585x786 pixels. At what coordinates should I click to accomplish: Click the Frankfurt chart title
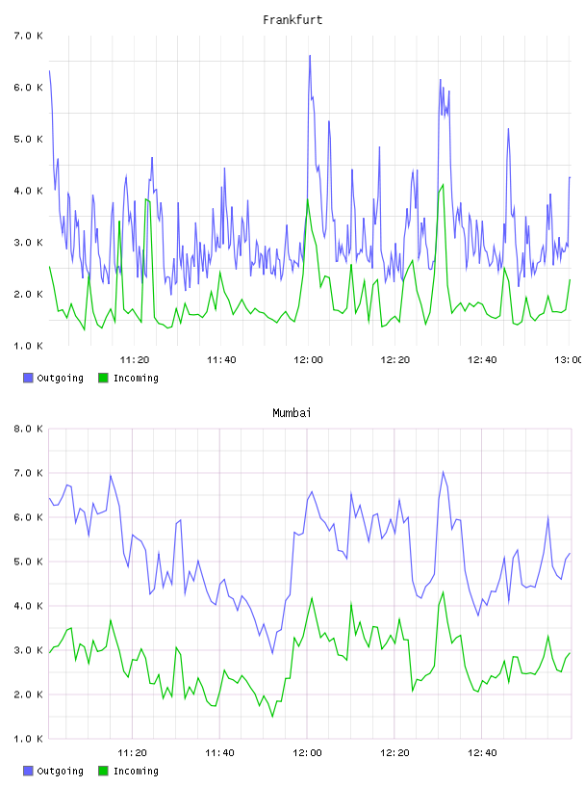[292, 20]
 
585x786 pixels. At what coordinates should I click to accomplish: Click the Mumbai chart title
[292, 413]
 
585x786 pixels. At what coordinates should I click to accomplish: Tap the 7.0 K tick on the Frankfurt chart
[28, 36]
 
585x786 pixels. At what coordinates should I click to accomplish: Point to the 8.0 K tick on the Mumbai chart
[28, 429]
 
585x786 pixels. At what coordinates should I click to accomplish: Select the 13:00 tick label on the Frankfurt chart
[569, 359]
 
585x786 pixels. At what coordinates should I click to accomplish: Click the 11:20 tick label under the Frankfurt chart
[135, 359]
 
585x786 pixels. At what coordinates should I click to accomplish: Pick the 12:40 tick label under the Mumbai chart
[482, 752]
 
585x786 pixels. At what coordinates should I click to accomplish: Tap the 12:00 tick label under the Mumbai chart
[308, 752]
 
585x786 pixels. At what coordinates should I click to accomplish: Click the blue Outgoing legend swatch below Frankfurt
[28, 378]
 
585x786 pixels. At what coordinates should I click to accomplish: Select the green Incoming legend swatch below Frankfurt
[103, 378]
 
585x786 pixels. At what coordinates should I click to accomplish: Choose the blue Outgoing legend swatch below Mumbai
[28, 771]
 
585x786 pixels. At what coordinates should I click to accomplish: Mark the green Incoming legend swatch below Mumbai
[103, 771]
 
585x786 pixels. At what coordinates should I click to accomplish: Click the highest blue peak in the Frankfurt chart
[310, 56]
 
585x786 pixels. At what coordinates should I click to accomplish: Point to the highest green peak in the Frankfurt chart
[443, 185]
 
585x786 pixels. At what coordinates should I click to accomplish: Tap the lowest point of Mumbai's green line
[272, 717]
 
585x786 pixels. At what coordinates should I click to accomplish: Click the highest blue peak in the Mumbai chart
[443, 472]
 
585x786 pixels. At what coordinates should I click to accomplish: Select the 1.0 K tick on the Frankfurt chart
[28, 346]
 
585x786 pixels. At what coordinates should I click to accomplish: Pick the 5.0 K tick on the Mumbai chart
[28, 562]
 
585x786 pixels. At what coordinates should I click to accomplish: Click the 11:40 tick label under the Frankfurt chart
[221, 359]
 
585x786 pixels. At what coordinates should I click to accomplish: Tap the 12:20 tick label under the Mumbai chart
[394, 752]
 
